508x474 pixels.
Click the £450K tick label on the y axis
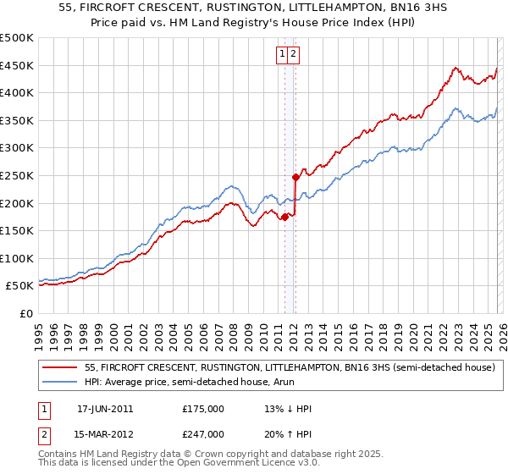coord(17,65)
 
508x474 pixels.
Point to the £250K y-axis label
coord(17,175)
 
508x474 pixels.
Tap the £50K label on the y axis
coord(20,286)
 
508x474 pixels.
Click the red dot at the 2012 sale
coord(295,177)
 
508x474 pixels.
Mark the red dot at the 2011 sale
coord(284,217)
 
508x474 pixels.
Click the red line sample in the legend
coord(60,367)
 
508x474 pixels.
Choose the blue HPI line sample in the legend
coord(60,381)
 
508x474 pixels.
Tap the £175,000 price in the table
coord(203,409)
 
